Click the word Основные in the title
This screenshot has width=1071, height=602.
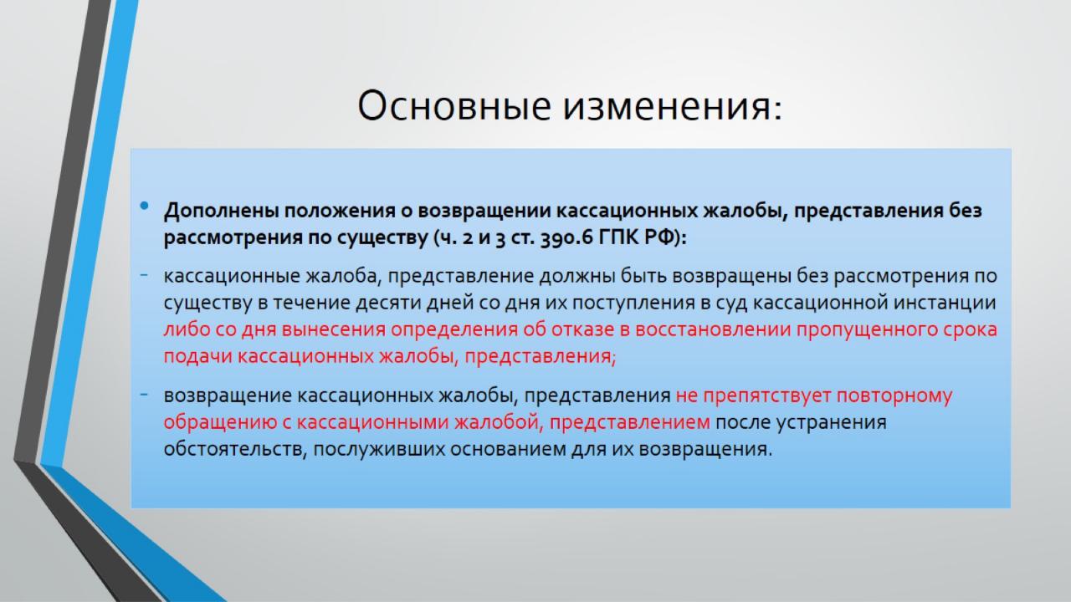454,105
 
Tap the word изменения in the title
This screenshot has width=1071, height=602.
673,105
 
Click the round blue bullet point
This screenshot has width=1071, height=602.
145,206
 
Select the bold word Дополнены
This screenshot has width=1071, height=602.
222,211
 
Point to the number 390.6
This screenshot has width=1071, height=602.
566,237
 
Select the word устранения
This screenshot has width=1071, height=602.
832,423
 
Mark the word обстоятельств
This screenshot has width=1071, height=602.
235,450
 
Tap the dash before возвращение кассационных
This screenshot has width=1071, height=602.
144,395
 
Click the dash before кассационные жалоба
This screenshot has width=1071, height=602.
144,275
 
